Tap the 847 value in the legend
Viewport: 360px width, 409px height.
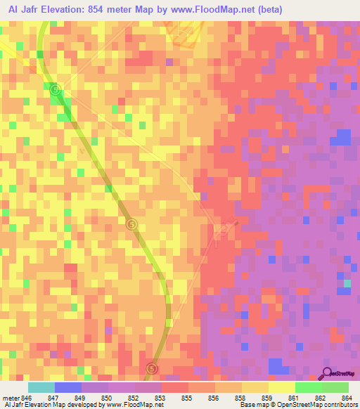click(67, 397)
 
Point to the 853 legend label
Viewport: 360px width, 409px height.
click(160, 397)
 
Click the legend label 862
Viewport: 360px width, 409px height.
click(320, 397)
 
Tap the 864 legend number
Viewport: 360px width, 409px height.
click(346, 397)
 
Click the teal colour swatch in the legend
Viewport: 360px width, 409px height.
click(41, 387)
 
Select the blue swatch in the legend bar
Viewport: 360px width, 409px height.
click(67, 387)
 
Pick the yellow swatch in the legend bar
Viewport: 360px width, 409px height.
click(281, 387)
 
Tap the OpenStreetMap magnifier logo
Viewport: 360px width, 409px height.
click(328, 373)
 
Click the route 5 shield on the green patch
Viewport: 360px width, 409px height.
click(56, 89)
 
